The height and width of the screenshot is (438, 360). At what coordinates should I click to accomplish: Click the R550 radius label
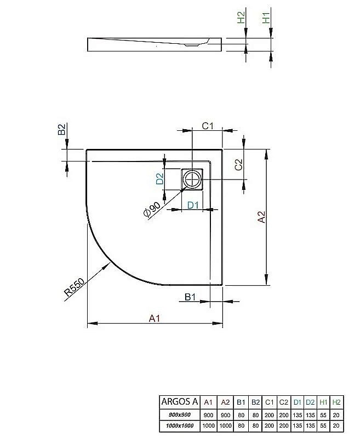tap(73, 285)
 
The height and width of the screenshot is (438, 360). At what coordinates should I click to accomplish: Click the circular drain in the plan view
tap(192, 178)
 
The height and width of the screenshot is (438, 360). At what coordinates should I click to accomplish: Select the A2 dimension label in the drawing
tap(261, 217)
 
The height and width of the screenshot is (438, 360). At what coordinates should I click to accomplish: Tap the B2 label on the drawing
tap(62, 129)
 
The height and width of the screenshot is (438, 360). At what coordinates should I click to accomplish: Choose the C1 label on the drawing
tap(207, 126)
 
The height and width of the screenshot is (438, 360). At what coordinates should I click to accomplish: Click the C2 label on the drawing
tap(238, 165)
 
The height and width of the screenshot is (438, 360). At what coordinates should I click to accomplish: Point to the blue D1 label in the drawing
tap(192, 205)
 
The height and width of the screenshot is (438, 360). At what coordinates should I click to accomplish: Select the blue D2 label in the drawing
tap(159, 178)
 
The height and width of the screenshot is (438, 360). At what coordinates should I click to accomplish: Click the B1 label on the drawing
tap(190, 297)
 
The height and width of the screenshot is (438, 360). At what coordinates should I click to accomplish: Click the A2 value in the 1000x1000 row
tap(225, 425)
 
